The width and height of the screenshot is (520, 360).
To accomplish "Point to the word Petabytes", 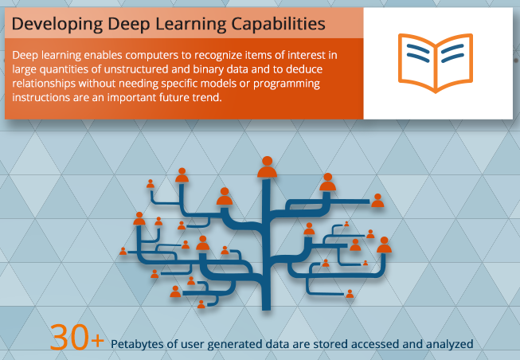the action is (x=142, y=344).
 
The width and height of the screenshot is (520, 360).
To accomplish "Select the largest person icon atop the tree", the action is (x=267, y=166).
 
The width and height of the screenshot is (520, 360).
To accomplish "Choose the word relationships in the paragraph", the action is (x=50, y=84).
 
